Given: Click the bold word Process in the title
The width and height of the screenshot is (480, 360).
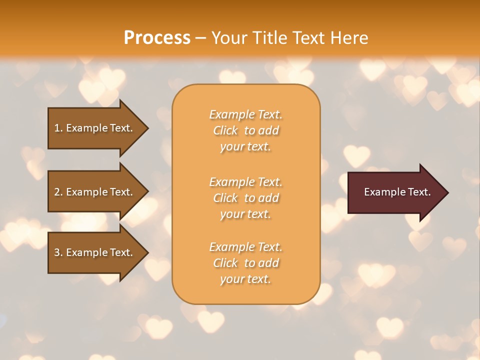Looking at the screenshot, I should pyautogui.click(x=157, y=37).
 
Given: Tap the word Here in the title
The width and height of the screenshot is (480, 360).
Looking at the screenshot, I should pyautogui.click(x=349, y=37).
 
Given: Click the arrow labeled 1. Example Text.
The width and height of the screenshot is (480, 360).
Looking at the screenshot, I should pyautogui.click(x=95, y=128).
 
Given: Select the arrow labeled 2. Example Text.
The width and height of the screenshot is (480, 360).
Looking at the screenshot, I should pyautogui.click(x=95, y=192).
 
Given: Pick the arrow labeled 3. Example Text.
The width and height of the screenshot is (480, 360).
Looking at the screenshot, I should pyautogui.click(x=95, y=252).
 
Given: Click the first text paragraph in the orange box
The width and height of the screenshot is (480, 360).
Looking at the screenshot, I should pyautogui.click(x=245, y=130).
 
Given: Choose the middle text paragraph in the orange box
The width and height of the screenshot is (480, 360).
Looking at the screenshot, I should pyautogui.click(x=245, y=198).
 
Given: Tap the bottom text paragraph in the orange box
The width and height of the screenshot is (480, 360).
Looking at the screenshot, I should pyautogui.click(x=245, y=263).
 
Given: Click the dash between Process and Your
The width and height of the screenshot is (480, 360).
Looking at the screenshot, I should pyautogui.click(x=201, y=38).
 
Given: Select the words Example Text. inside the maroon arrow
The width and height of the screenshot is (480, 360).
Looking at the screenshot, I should pyautogui.click(x=397, y=192).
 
